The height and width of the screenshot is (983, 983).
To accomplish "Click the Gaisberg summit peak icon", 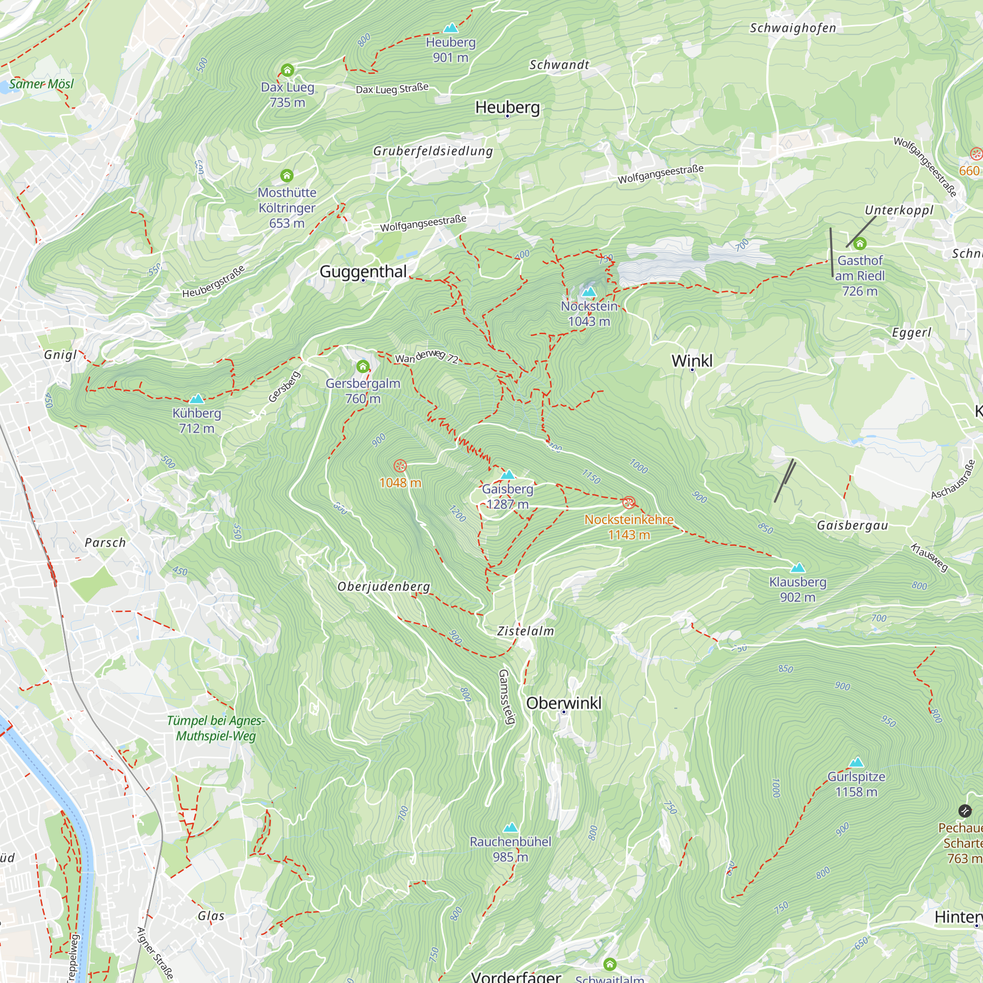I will click(508, 475).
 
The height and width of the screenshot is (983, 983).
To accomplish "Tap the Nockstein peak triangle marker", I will click(589, 291).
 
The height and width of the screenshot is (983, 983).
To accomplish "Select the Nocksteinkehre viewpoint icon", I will click(629, 503).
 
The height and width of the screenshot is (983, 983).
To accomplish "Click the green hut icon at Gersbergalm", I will click(363, 366).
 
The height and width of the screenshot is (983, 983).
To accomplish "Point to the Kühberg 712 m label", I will click(197, 420).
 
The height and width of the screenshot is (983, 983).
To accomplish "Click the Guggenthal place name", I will click(363, 271).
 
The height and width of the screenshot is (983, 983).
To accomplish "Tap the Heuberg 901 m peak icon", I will click(450, 28).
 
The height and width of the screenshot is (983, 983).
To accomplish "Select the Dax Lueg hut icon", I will click(288, 70).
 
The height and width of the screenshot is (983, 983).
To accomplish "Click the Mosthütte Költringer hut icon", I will click(287, 175).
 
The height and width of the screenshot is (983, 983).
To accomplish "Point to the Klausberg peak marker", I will click(798, 567).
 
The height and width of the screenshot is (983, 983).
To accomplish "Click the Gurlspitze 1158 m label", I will click(856, 783).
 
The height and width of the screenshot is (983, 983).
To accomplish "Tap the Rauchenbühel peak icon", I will click(510, 827).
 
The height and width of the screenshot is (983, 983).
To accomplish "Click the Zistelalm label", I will click(525, 631).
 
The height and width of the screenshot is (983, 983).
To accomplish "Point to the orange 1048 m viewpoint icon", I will click(401, 465).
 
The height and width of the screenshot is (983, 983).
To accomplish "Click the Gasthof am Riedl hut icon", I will click(860, 243).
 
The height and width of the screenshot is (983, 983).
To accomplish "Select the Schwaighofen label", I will click(793, 28).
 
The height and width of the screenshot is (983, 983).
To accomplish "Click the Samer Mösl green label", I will click(41, 84).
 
